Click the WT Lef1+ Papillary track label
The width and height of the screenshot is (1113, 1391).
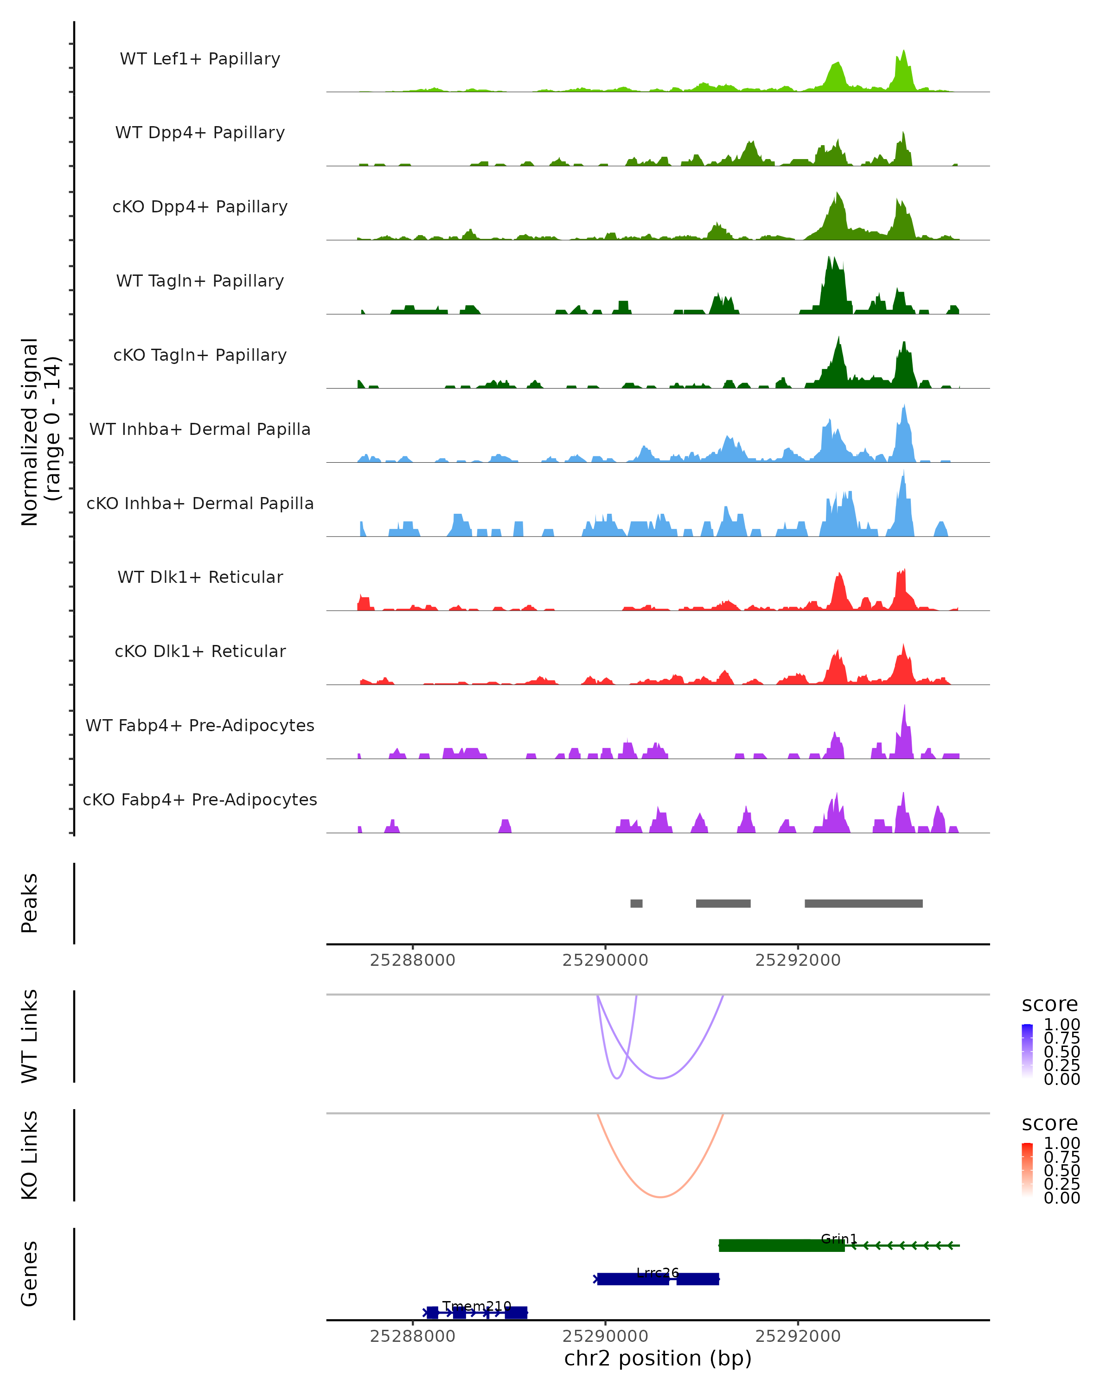(200, 59)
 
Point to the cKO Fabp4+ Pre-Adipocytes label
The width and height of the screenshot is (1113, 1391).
(200, 800)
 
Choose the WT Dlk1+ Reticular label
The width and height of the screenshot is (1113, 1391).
(200, 577)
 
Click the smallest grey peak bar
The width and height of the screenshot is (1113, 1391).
(636, 903)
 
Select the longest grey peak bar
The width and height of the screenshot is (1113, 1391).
(864, 903)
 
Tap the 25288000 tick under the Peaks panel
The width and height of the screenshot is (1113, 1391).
(412, 960)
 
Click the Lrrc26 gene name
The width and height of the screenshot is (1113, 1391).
(658, 1272)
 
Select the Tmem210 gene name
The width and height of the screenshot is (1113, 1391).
(477, 1306)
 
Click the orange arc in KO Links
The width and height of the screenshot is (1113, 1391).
(660, 1197)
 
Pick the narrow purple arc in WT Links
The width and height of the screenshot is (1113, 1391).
(617, 1078)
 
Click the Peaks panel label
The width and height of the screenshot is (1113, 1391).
(30, 903)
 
